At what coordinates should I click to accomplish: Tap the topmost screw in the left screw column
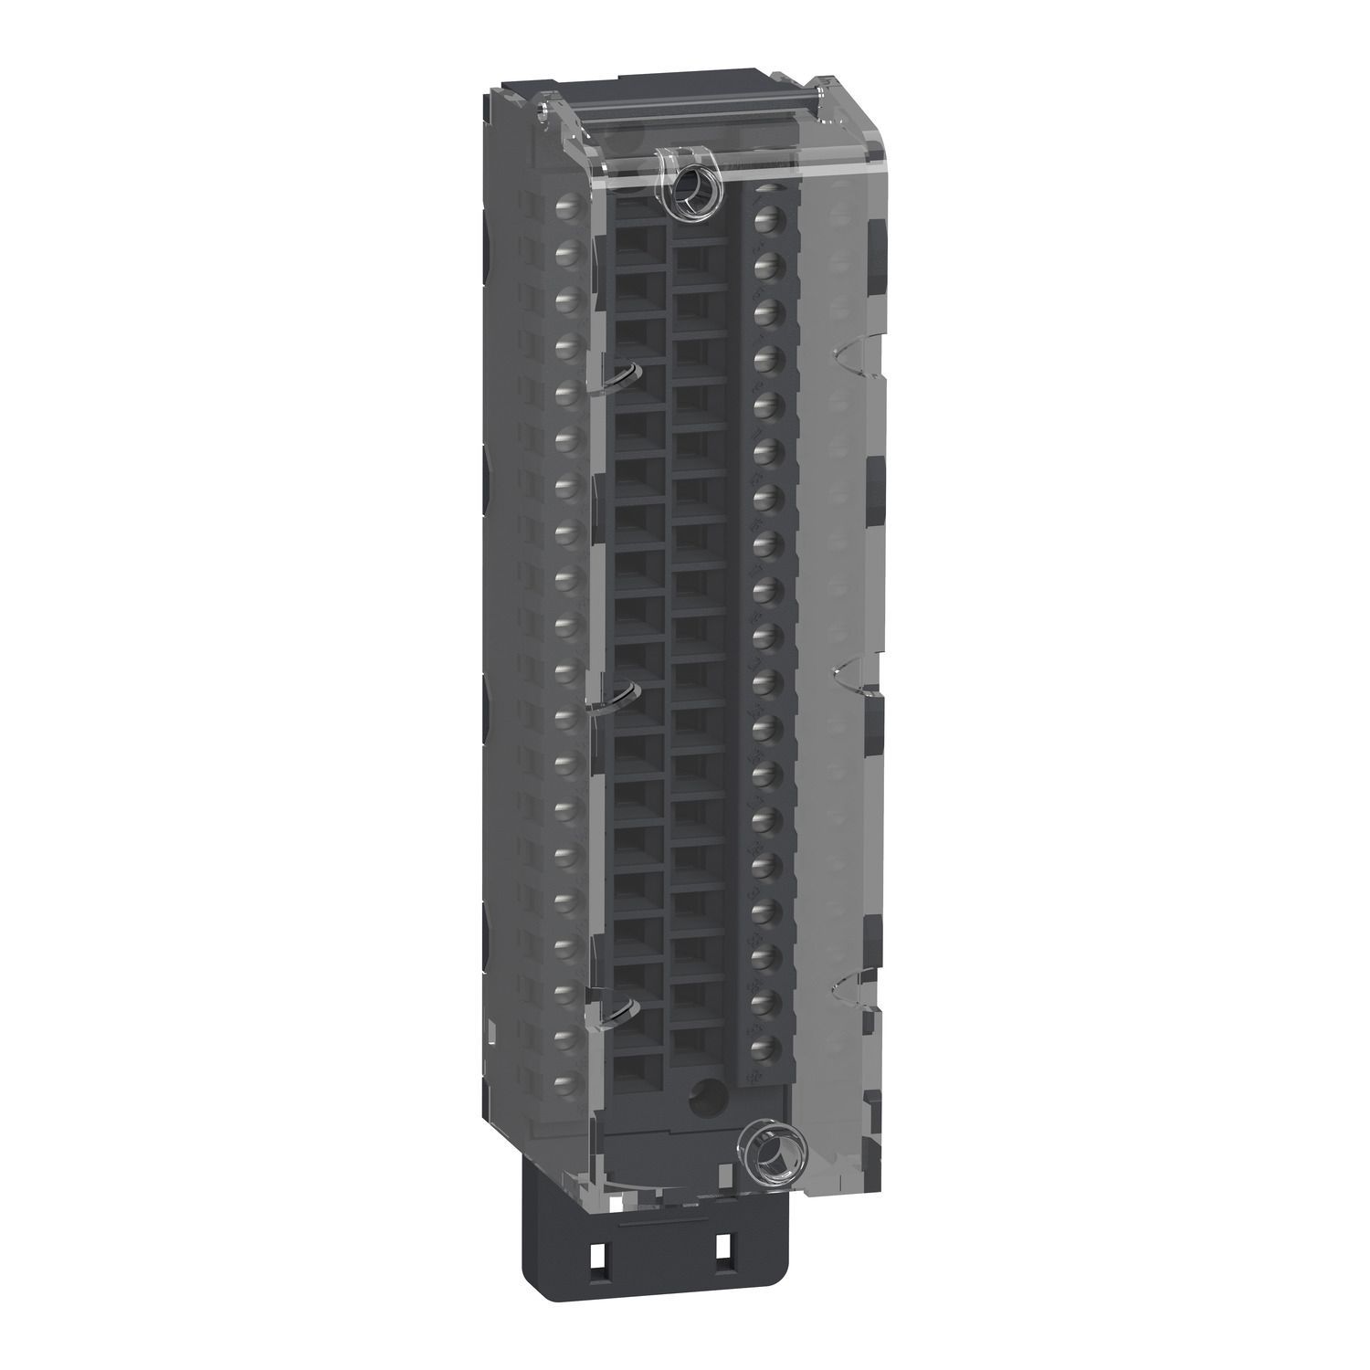pyautogui.click(x=565, y=205)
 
